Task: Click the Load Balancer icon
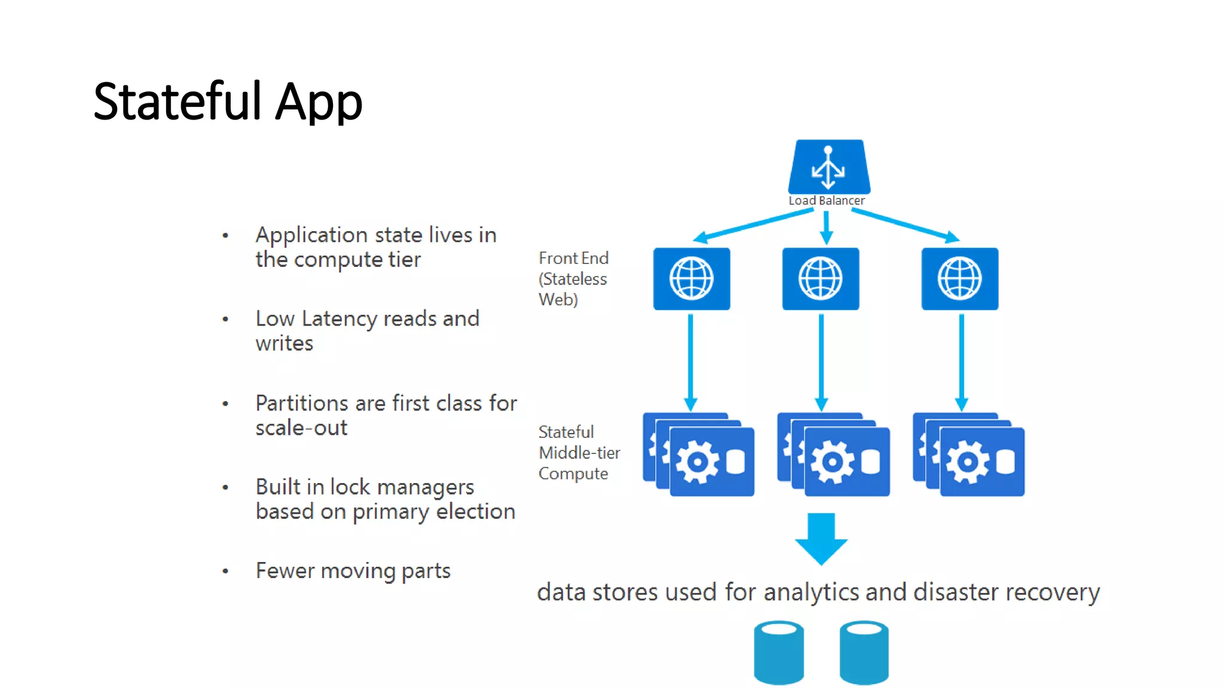click(x=828, y=166)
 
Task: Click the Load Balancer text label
click(x=826, y=201)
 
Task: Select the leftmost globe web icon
click(x=691, y=279)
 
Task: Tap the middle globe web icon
click(x=821, y=279)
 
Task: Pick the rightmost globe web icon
click(x=960, y=279)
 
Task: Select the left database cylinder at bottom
click(x=779, y=652)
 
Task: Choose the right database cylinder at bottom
click(x=864, y=652)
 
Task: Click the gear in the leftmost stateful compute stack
click(x=697, y=462)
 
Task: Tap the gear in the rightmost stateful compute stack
click(x=968, y=462)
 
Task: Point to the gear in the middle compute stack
click(x=832, y=462)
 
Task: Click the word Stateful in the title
click(x=178, y=102)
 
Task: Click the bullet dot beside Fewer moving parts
click(x=225, y=572)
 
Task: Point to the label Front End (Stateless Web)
click(x=573, y=279)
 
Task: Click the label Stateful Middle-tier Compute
click(x=579, y=453)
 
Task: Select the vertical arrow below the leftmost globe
click(x=691, y=361)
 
